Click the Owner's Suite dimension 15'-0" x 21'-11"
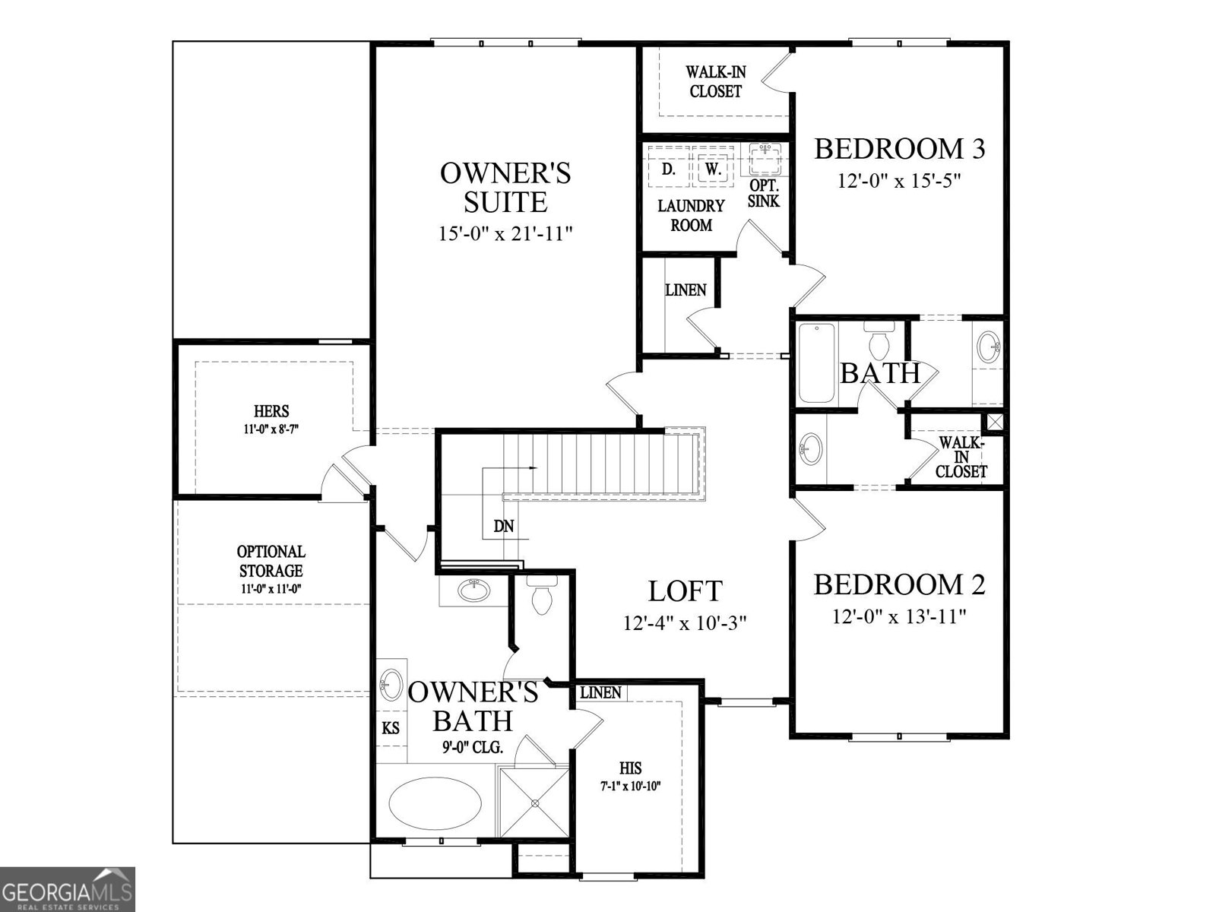(x=505, y=233)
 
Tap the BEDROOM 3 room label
(x=900, y=149)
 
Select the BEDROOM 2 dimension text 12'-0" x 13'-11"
(x=899, y=616)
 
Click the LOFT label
(x=685, y=591)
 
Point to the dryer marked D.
(x=668, y=169)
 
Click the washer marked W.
(x=712, y=169)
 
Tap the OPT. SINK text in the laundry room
(x=764, y=194)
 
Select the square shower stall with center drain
(x=534, y=803)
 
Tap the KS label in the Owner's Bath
(x=391, y=728)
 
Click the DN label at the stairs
(x=503, y=526)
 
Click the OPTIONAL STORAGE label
(x=271, y=561)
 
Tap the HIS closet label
(x=630, y=768)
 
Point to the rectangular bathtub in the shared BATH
(x=817, y=363)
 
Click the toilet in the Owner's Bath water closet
(x=542, y=596)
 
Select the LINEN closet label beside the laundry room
(x=686, y=290)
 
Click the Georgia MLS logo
(x=68, y=888)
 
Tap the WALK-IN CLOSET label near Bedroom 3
(x=715, y=81)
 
